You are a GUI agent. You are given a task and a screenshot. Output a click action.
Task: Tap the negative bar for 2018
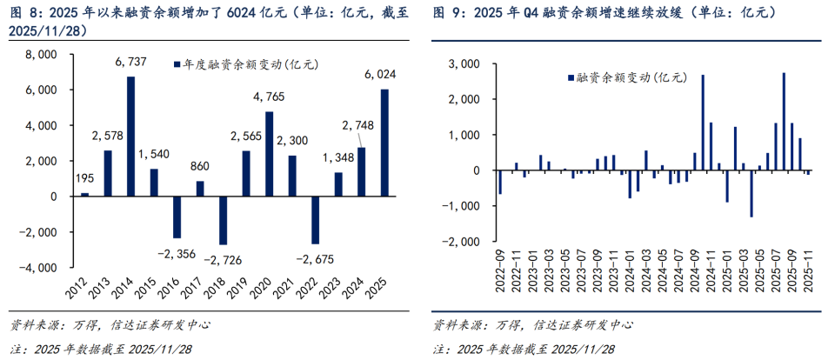[223, 221]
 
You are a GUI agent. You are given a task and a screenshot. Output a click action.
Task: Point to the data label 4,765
[269, 97]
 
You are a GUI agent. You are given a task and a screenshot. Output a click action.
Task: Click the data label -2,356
[177, 252]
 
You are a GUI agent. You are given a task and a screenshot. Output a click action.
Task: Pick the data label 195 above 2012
[84, 178]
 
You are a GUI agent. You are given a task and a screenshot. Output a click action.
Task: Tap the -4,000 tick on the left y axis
[37, 269]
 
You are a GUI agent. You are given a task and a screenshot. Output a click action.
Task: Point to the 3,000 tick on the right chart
[464, 64]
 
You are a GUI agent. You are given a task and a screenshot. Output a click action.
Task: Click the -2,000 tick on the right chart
[461, 241]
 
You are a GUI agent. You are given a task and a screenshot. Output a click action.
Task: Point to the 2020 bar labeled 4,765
[269, 154]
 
